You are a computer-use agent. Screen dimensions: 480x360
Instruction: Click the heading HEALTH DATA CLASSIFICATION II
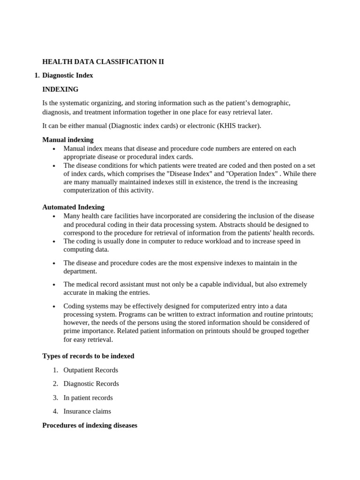point(103,61)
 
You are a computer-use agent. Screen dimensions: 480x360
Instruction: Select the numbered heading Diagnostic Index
point(67,75)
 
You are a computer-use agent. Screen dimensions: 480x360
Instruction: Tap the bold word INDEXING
point(60,89)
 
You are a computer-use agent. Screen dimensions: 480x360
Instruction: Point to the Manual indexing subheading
point(68,140)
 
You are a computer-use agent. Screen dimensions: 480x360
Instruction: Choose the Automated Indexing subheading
point(74,207)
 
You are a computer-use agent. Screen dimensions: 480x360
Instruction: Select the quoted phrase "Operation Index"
point(245,173)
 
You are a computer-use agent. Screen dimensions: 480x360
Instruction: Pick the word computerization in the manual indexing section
point(86,190)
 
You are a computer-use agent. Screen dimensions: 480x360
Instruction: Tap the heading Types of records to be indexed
point(88,356)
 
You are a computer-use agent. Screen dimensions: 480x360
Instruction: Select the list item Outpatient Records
point(91,370)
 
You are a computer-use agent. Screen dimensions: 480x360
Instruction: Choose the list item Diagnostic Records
point(91,383)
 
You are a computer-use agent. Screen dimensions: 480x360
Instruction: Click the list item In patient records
point(88,397)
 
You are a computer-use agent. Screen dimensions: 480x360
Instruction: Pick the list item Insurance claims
point(87,411)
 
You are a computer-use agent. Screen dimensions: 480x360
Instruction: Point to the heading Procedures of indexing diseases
point(90,425)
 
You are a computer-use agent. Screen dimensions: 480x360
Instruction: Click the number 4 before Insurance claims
point(55,411)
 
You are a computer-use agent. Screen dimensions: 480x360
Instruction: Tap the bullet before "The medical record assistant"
point(54,285)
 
